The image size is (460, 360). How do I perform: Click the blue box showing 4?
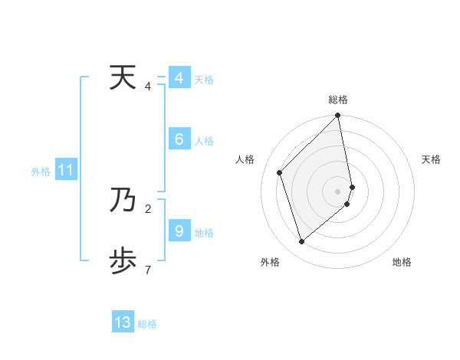tap(179, 78)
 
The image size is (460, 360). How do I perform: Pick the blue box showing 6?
tap(179, 139)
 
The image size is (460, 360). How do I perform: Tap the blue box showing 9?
tap(179, 231)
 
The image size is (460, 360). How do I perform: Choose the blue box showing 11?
tap(65, 171)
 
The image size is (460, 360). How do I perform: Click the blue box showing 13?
tap(123, 322)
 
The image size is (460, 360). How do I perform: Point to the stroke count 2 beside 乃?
tap(148, 208)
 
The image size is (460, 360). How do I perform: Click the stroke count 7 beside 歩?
tap(148, 270)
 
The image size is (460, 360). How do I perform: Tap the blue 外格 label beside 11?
tap(41, 172)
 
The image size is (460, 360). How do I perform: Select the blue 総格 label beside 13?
tap(147, 324)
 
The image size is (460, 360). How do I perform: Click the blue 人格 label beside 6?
tap(204, 141)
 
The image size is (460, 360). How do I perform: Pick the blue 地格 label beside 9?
tap(204, 233)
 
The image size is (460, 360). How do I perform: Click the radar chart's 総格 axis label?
tap(338, 100)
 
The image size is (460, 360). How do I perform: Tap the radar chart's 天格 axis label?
tap(431, 159)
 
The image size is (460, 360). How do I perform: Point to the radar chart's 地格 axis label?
tap(402, 262)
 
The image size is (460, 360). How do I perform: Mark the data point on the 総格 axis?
tap(338, 116)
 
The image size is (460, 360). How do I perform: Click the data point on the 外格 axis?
tap(301, 241)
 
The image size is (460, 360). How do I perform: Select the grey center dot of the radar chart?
tap(338, 191)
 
